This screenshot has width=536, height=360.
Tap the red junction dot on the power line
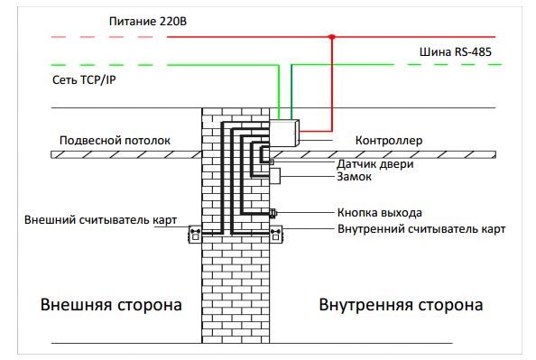coord(332,37)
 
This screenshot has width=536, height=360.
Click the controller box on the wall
coord(284,133)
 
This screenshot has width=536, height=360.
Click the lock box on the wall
coord(275,176)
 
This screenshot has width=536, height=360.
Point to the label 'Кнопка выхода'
coord(379,213)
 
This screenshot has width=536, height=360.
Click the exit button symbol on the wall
coord(273,213)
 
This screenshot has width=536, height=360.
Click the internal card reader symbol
coord(276,235)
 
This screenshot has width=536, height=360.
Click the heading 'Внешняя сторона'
coord(110,304)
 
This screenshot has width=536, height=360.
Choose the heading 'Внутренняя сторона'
coord(400,304)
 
